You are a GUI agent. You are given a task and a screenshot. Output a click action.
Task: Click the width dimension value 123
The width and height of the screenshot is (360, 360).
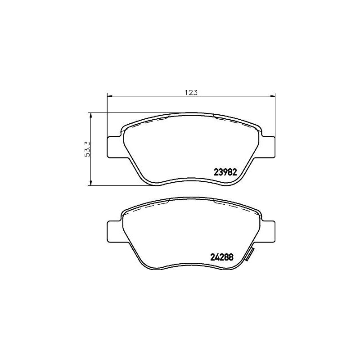click(191, 93)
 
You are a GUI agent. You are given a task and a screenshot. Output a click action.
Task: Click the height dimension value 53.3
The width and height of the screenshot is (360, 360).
click(88, 148)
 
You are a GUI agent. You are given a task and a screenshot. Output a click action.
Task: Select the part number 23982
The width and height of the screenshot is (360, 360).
click(221, 171)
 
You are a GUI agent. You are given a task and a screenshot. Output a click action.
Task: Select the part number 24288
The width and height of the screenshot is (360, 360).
click(221, 257)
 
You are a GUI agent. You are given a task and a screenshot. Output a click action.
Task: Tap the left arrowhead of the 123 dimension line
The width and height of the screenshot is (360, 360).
click(109, 95)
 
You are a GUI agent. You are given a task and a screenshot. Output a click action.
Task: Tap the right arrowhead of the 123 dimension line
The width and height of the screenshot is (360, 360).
click(272, 95)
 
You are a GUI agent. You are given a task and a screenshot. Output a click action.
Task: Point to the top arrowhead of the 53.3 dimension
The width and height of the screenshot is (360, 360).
click(91, 115)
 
